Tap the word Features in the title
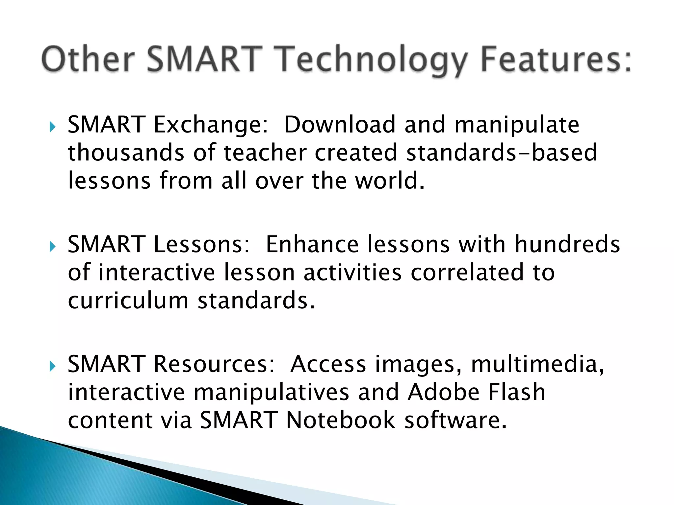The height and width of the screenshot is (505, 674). tap(556, 59)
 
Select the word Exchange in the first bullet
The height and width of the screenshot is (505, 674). tap(211, 125)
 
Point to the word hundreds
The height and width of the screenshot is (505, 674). tap(567, 245)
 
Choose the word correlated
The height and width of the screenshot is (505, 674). tap(467, 273)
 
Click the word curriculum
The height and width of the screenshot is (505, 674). tap(128, 301)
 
